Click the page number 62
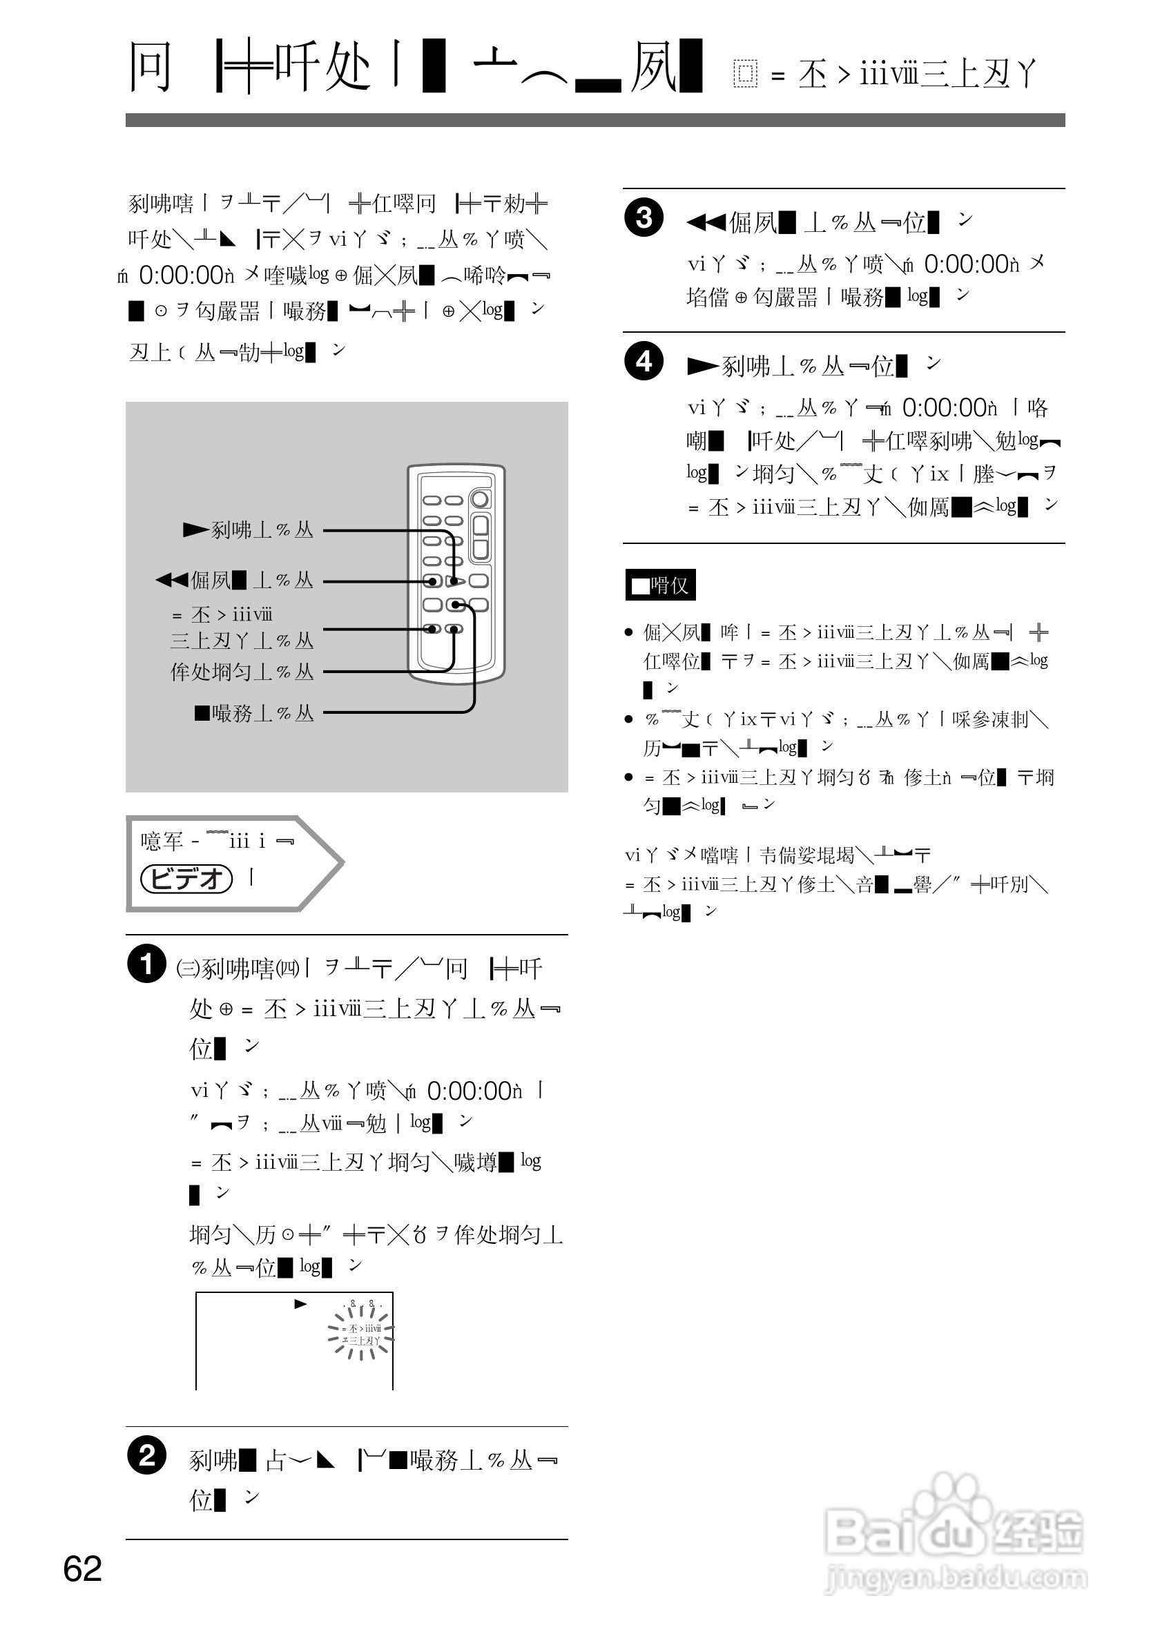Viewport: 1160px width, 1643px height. [x=82, y=1569]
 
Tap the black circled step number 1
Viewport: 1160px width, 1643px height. [x=146, y=963]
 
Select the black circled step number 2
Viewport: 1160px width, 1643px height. [x=146, y=1456]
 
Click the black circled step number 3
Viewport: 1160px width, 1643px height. [x=644, y=217]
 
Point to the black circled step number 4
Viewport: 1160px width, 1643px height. [x=644, y=360]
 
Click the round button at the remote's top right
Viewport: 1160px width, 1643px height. [x=481, y=498]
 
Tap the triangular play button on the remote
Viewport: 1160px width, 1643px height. [x=457, y=581]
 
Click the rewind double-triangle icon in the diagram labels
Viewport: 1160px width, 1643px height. [x=172, y=580]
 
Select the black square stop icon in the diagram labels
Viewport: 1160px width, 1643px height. [x=202, y=712]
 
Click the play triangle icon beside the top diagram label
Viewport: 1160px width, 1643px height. [x=195, y=529]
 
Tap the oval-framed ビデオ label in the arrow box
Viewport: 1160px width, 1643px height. [x=186, y=879]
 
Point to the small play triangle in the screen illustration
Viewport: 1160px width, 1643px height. [x=300, y=1304]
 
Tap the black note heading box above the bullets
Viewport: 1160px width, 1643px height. [x=660, y=585]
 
